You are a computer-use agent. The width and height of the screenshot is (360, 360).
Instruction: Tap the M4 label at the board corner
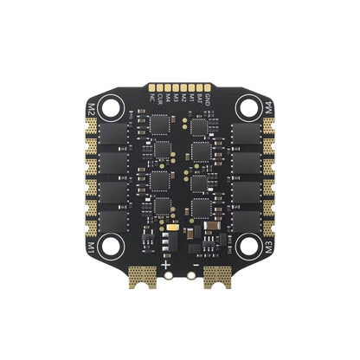[x=269, y=110]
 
